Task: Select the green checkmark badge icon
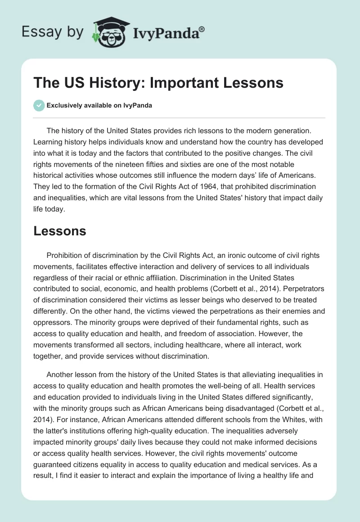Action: pyautogui.click(x=39, y=105)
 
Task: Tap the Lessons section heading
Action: pyautogui.click(x=60, y=231)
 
